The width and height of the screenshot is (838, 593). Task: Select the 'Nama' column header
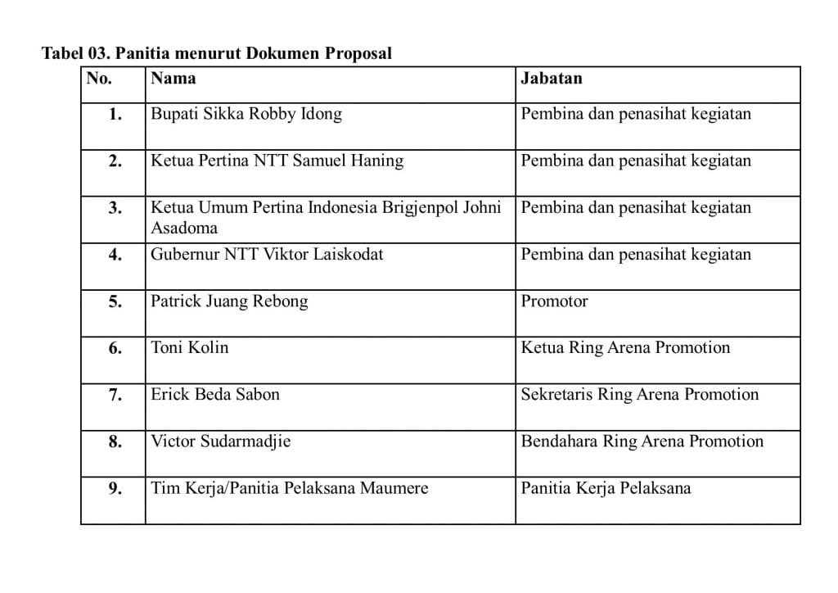click(x=173, y=79)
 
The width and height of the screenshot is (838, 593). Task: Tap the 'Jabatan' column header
click(x=552, y=79)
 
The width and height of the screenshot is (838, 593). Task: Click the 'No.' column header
click(x=99, y=79)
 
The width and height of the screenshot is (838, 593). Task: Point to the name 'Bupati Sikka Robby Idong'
click(x=246, y=114)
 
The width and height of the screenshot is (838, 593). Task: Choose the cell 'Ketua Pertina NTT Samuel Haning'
click(x=277, y=161)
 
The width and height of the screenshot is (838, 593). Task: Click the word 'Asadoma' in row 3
click(x=184, y=228)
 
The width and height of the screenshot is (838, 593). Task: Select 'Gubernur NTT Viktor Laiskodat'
click(x=267, y=254)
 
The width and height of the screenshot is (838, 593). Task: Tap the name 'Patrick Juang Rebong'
click(x=229, y=301)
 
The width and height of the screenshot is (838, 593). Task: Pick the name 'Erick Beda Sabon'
click(x=215, y=395)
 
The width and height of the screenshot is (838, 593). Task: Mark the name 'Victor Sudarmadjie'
click(x=221, y=441)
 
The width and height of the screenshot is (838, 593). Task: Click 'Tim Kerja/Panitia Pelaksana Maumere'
click(x=290, y=488)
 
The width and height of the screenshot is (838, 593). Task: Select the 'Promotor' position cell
click(x=554, y=301)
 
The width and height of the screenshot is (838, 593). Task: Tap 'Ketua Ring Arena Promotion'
click(x=625, y=347)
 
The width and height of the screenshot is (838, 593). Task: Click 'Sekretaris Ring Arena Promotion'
click(x=640, y=395)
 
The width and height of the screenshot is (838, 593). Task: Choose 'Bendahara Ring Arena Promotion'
click(x=642, y=441)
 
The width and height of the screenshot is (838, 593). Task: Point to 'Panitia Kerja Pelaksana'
click(x=606, y=488)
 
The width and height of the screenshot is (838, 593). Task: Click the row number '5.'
click(x=115, y=301)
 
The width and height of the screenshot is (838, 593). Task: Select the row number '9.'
click(x=115, y=489)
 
